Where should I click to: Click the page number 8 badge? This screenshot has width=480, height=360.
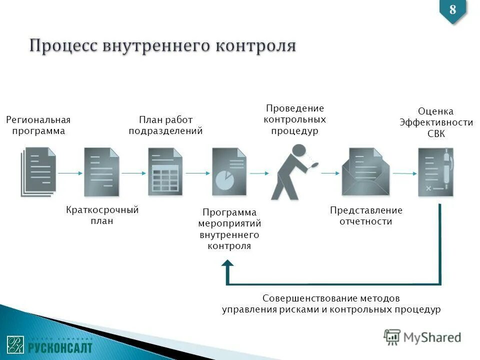coord(452,10)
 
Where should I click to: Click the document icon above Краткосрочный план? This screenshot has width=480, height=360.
coord(101,171)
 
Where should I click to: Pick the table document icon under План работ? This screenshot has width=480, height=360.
coord(165,171)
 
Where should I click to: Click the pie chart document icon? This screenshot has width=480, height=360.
coord(229,171)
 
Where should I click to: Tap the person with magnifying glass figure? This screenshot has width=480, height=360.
coord(292,171)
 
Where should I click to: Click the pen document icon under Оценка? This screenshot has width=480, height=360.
coord(435,171)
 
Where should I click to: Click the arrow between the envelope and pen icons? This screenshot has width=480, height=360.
coord(404,173)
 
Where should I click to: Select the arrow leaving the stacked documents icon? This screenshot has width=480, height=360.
coord(69,173)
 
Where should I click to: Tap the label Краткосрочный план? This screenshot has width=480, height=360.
coord(102,215)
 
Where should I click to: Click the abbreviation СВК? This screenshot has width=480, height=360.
coord(435,134)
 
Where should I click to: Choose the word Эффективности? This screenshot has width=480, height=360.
coord(436,123)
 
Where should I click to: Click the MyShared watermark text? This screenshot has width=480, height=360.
coord(432,337)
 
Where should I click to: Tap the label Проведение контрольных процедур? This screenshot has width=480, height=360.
coord(295,120)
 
